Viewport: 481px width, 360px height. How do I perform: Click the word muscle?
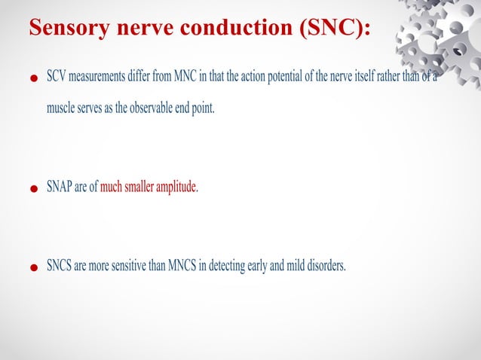[60, 108]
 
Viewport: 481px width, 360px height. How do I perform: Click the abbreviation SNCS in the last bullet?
[60, 266]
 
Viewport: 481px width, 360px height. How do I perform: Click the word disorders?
[326, 266]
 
